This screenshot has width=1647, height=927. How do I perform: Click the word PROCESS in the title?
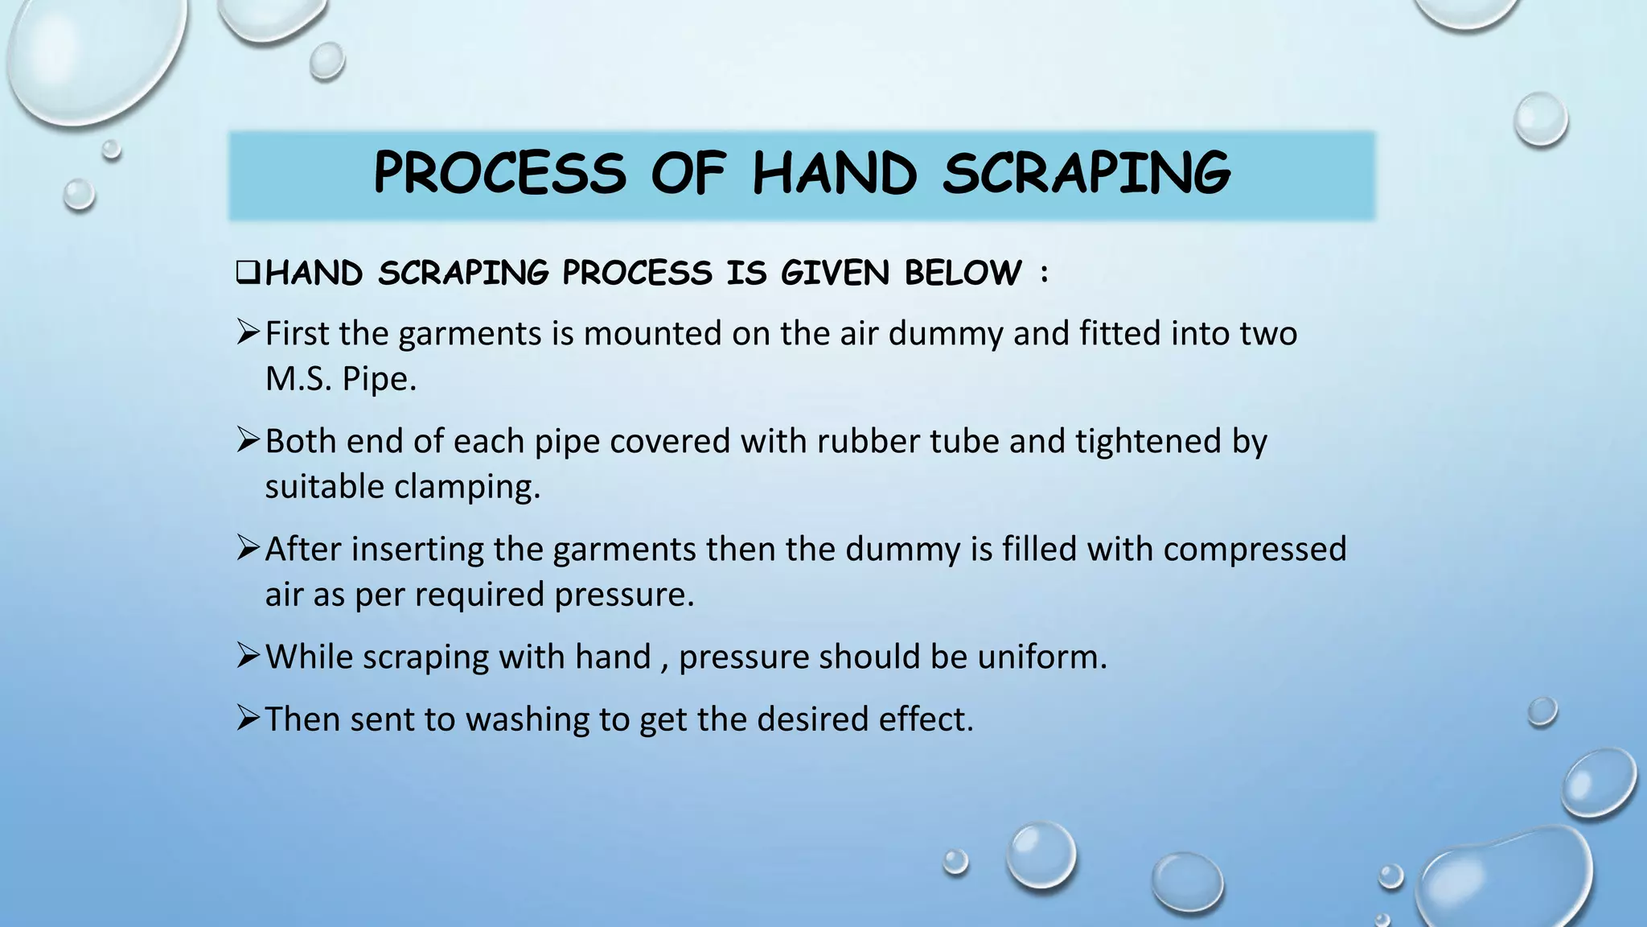(x=499, y=173)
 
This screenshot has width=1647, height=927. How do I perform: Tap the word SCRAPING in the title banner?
(x=1086, y=173)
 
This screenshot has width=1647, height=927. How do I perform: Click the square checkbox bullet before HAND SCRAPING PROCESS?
(x=247, y=273)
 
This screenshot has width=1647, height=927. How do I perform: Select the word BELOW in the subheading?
(x=963, y=273)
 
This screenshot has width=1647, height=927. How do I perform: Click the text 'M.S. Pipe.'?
(x=341, y=379)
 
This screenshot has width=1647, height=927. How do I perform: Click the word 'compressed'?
(x=1254, y=550)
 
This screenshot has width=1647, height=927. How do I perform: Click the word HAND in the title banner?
(x=834, y=173)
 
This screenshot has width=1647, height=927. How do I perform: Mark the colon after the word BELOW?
(x=1044, y=274)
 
